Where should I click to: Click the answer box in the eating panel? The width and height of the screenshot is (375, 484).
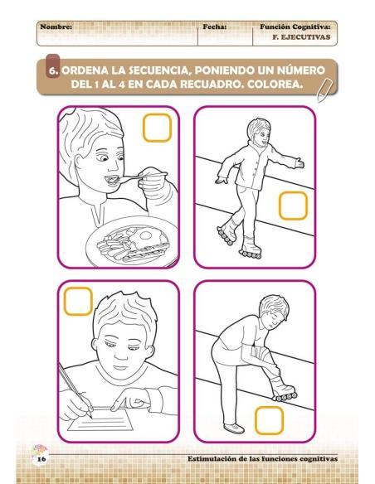tap(158, 128)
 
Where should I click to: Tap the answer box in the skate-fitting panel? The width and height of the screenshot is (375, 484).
tap(269, 421)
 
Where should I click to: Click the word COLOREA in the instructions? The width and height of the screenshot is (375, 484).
tap(287, 87)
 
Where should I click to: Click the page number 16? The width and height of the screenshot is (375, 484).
tap(40, 458)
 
